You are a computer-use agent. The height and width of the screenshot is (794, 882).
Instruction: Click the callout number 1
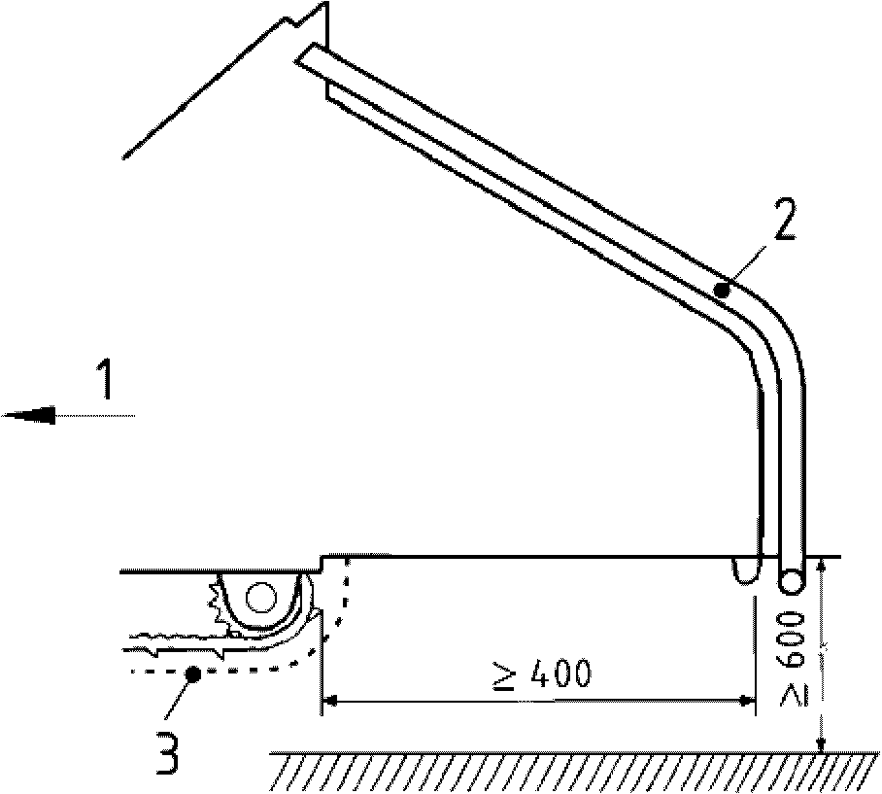coord(106,380)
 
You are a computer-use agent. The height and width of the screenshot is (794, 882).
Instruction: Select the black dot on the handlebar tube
coord(721,291)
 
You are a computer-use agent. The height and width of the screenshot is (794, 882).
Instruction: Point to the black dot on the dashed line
coord(192,673)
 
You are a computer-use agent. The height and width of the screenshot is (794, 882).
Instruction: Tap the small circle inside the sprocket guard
coord(260,598)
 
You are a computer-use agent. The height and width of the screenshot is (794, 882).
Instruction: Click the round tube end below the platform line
coord(791,580)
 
